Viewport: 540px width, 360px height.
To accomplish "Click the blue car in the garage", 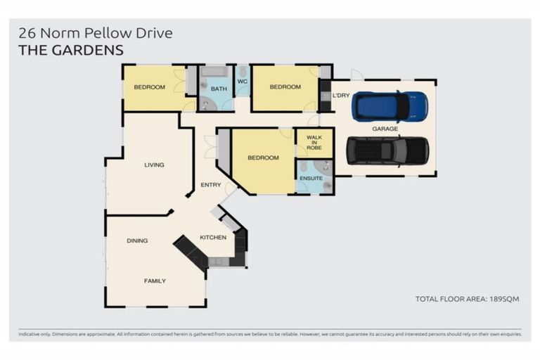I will tap(390, 106).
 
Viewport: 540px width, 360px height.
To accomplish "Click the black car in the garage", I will tap(387, 150).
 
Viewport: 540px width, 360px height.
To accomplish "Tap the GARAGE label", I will tap(385, 129).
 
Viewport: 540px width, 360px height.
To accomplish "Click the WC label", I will tap(243, 82).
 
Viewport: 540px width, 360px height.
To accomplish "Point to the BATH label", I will tap(218, 89).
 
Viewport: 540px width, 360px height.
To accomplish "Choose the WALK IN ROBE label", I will tap(314, 143).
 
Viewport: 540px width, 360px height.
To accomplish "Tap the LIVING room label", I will tap(154, 165).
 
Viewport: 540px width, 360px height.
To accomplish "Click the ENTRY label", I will tap(211, 185).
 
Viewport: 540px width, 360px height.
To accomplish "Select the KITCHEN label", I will tap(213, 237).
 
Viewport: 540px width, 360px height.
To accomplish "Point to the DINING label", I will tap(137, 240).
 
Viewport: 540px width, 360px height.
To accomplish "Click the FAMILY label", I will tap(155, 281).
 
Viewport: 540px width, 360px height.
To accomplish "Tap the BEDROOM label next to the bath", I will tap(149, 87).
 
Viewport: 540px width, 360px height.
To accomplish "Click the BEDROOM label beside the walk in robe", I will tap(263, 158).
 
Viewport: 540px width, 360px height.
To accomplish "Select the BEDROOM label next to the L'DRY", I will tap(285, 87).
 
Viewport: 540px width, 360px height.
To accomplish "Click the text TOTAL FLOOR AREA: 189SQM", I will tap(467, 299).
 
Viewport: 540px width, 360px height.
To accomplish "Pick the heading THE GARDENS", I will tap(71, 50).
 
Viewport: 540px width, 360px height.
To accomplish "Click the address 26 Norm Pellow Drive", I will tap(95, 33).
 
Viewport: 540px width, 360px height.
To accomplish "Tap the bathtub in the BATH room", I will tap(214, 72).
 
